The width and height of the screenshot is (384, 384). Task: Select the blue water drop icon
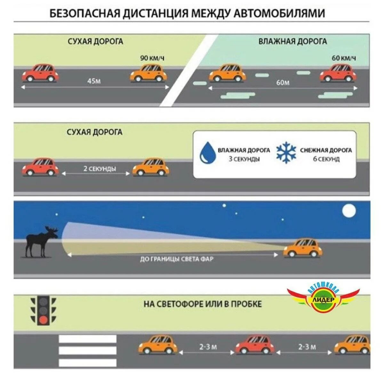[x=208, y=153]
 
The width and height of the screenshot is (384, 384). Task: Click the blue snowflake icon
[x=286, y=153]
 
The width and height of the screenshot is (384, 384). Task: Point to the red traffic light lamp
[x=44, y=319]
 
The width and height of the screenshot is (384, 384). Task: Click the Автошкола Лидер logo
[x=324, y=298]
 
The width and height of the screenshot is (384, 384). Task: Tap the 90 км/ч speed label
[x=152, y=58]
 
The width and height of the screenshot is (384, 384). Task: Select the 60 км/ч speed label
[x=344, y=58]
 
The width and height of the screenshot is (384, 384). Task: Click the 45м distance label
[x=94, y=81]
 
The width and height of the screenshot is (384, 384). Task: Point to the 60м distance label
[x=283, y=83]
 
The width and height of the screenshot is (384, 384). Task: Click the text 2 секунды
[x=100, y=169]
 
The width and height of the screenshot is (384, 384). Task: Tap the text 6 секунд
[x=326, y=159]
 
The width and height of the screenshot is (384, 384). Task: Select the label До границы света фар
[x=176, y=259]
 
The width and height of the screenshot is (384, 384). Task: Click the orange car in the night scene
[x=303, y=248]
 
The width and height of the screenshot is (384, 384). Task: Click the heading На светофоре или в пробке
[x=203, y=304]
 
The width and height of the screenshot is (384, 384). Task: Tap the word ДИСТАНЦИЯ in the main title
[x=155, y=13]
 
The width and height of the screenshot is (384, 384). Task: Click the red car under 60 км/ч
[x=338, y=73]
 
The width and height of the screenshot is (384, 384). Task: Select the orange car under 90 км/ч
[x=149, y=73]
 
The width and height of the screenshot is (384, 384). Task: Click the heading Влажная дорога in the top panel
[x=292, y=41]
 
